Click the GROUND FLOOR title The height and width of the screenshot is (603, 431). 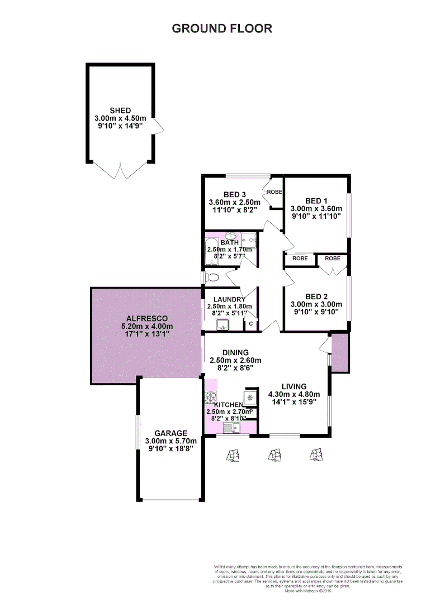[x=222, y=28]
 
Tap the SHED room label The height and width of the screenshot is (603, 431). [x=120, y=111]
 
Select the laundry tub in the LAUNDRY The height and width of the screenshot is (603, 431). [x=223, y=324]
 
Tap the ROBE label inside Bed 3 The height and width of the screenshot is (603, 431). [x=274, y=192]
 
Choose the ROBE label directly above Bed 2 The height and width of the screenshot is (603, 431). [x=333, y=259]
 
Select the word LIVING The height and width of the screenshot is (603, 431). [x=294, y=386]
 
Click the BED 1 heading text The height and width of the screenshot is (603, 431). [x=316, y=201]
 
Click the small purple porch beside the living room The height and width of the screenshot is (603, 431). [x=340, y=352]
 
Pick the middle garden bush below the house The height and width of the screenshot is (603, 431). [x=274, y=456]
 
